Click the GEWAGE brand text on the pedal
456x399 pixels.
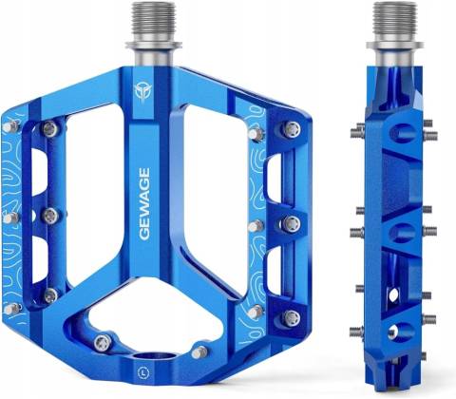[x=144, y=204]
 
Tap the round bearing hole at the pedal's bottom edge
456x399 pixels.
[x=154, y=357]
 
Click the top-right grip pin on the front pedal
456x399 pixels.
[x=292, y=129]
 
